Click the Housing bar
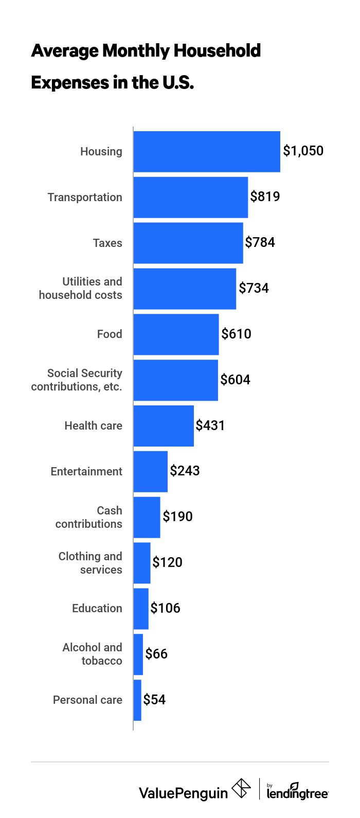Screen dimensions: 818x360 [207, 152]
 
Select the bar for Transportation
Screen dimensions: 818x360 [191, 198]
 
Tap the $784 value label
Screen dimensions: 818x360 [260, 242]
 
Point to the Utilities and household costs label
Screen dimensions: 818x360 [81, 288]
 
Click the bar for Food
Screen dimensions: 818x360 [176, 334]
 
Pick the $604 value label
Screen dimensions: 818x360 [235, 380]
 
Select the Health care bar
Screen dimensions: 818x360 [164, 426]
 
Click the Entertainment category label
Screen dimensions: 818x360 [86, 472]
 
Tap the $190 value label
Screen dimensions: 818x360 [177, 517]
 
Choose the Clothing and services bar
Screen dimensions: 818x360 [142, 563]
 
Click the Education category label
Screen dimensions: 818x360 [97, 609]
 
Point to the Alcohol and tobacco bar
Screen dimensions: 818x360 [138, 654]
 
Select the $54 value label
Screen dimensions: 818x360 [154, 700]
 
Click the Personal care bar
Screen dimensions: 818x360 [137, 700]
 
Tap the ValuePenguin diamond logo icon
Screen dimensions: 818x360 [241, 789]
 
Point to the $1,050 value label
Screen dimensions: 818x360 [303, 151]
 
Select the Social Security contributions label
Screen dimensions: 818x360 [77, 380]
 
